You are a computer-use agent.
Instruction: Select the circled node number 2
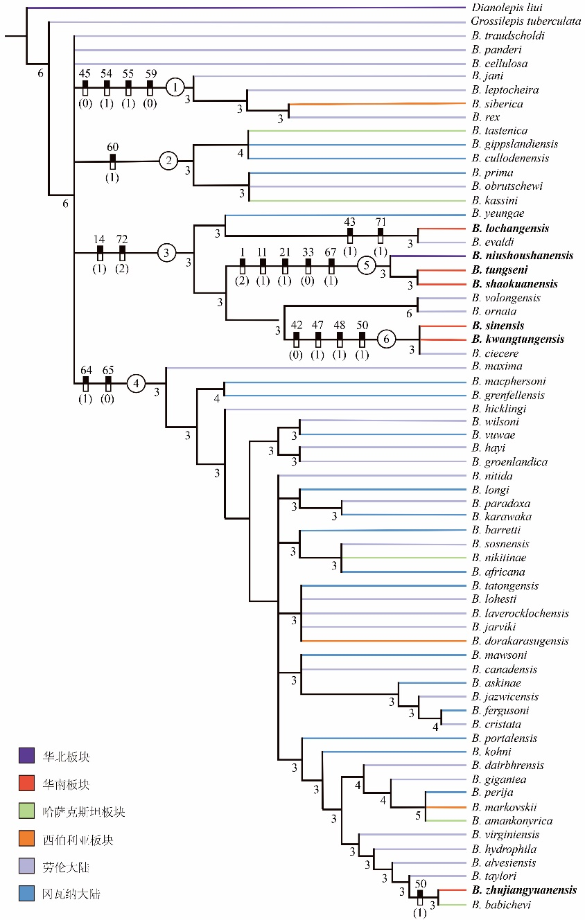point(168,161)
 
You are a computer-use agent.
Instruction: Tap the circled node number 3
point(166,253)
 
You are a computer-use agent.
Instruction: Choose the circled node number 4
point(137,382)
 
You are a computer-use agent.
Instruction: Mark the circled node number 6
point(387,339)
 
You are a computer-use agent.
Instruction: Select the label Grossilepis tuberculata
point(525,21)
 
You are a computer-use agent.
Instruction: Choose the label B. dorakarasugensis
point(519,641)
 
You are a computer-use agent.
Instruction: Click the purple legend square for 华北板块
point(26,756)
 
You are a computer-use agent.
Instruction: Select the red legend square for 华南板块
point(26,784)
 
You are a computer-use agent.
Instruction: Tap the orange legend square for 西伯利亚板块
point(26,839)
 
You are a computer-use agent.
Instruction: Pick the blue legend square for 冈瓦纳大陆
point(26,894)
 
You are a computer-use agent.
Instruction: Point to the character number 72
point(122,240)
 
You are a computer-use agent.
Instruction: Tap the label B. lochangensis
point(510,228)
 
